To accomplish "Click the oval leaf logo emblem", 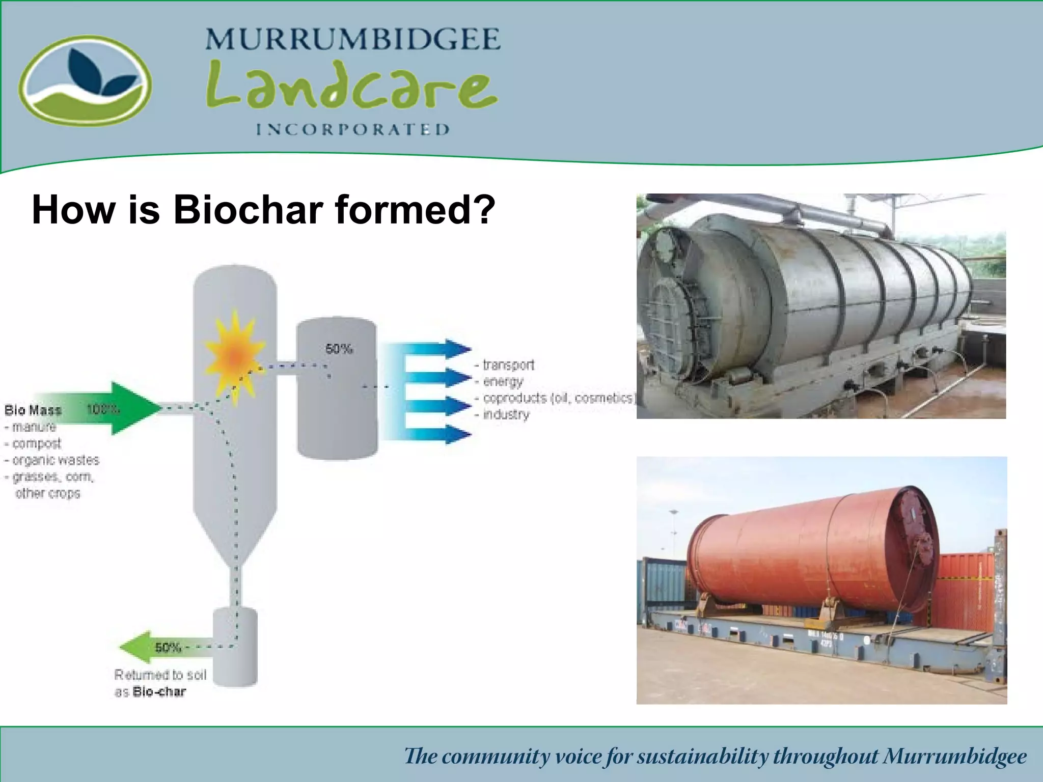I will pyautogui.click(x=85, y=80).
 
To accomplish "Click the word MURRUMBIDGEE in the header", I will pyautogui.click(x=353, y=40).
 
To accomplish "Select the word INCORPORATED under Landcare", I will pyautogui.click(x=353, y=129).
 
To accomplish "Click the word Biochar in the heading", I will pyautogui.click(x=249, y=209).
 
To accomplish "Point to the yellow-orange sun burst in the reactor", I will pyautogui.click(x=234, y=356).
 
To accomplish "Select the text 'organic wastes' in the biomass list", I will pyautogui.click(x=56, y=460).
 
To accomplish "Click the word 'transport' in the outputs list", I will pyautogui.click(x=508, y=365).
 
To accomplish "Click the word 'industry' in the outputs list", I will pyautogui.click(x=506, y=414).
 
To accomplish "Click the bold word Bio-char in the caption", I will pyautogui.click(x=159, y=692).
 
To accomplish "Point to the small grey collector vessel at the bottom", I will pyautogui.click(x=235, y=647).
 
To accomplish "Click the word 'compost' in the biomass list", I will pyautogui.click(x=36, y=443).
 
